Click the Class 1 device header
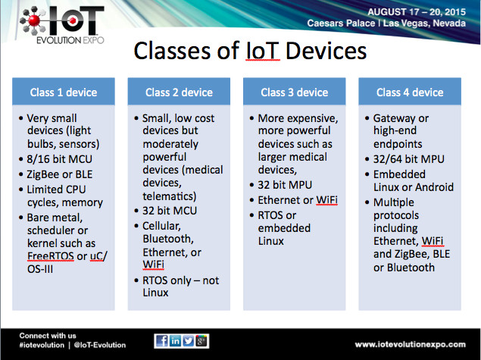coord(64,92)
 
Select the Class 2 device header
coord(179,92)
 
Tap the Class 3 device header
coord(295,92)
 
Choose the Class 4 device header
coord(410,92)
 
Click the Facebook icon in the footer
coord(161,341)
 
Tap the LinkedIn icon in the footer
coord(175,341)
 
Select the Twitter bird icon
coord(189,341)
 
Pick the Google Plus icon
coord(201,341)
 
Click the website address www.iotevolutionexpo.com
coord(410,345)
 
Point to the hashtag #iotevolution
coord(42,345)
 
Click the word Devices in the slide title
coord(326,51)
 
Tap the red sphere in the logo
coord(34,20)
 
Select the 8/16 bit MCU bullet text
coord(60,159)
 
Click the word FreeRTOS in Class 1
coord(51,256)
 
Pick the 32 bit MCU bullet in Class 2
coord(170,211)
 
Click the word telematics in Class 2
coord(170,196)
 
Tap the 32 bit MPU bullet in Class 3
coord(285,185)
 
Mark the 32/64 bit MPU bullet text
coord(409,159)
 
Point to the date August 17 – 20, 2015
coord(417,12)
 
